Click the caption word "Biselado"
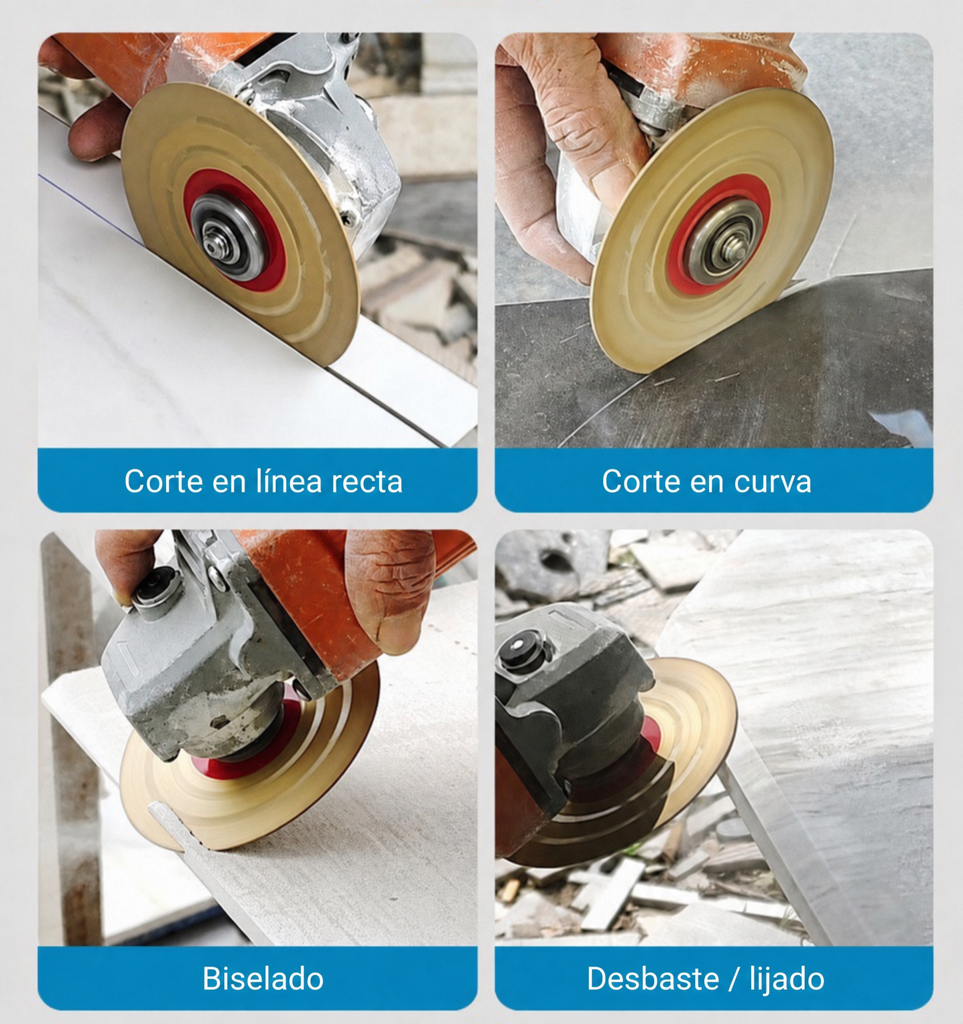(x=263, y=979)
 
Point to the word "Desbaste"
(x=652, y=979)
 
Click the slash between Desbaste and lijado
(x=734, y=979)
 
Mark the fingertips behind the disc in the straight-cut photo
(x=93, y=133)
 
